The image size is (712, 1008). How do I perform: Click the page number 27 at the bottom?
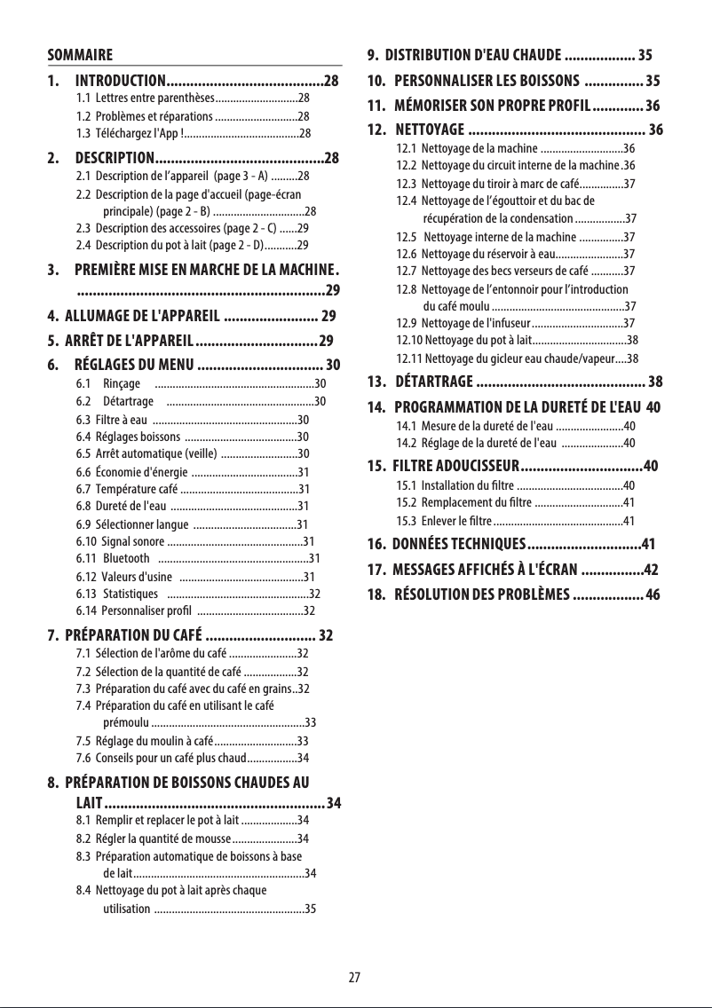[354, 978]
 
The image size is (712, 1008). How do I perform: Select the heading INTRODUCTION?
[120, 82]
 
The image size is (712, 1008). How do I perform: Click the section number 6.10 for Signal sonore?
[86, 540]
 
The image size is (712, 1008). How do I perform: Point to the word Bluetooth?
[126, 558]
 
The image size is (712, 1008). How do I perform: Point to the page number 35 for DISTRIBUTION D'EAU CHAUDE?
[645, 54]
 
